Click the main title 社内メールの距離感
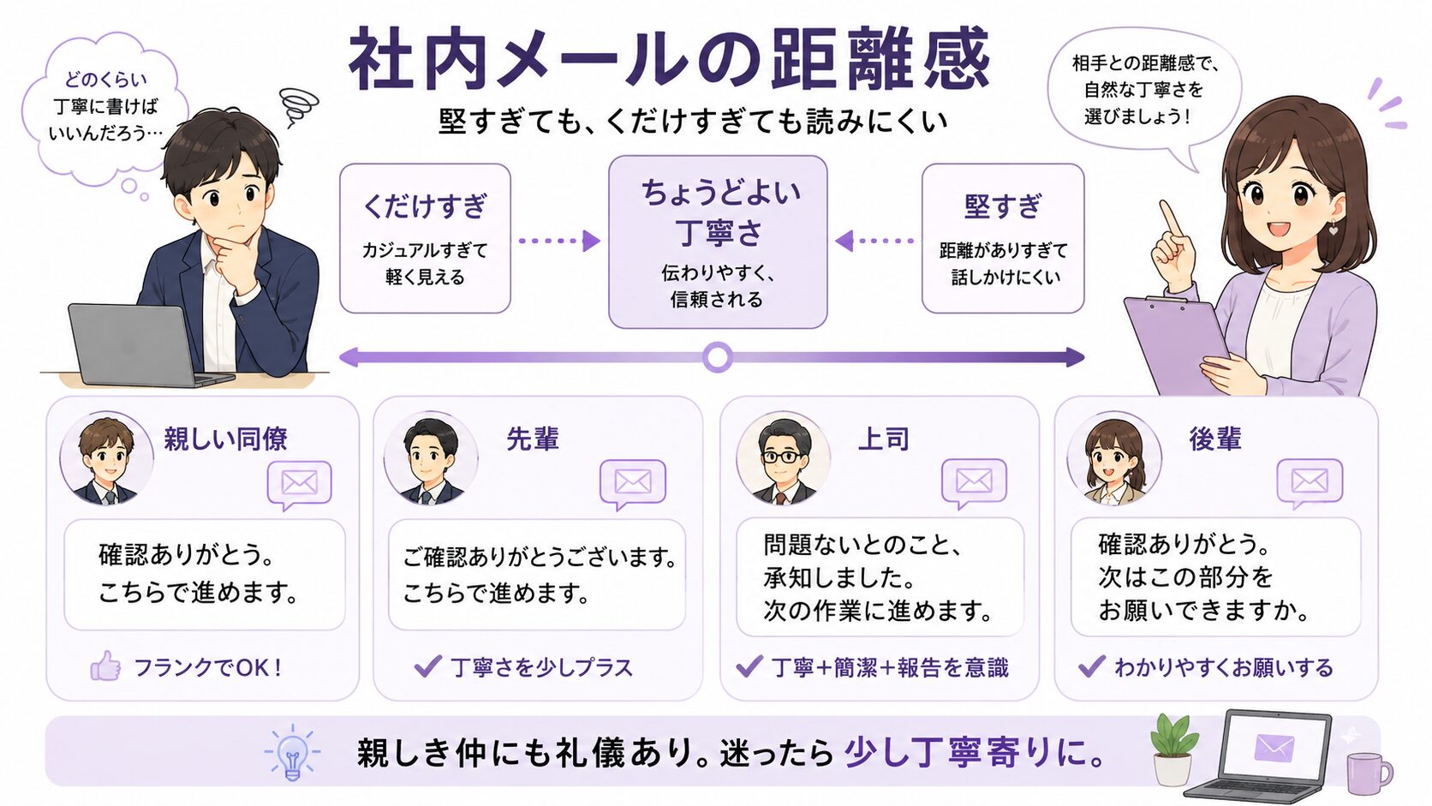(670, 59)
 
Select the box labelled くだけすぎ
(425, 238)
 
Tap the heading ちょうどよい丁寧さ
(719, 212)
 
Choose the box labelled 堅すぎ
(1003, 238)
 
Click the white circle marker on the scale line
(717, 356)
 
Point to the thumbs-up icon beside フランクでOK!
(105, 666)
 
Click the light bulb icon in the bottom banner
(292, 752)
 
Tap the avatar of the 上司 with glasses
(783, 458)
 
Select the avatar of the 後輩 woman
(1114, 458)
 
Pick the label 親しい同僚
(225, 439)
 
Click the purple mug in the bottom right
(1368, 773)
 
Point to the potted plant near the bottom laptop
(1173, 750)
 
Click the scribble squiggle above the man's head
(299, 106)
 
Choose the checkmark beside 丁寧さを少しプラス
(427, 666)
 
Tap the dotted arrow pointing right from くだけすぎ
(560, 241)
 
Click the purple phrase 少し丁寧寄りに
(975, 752)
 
